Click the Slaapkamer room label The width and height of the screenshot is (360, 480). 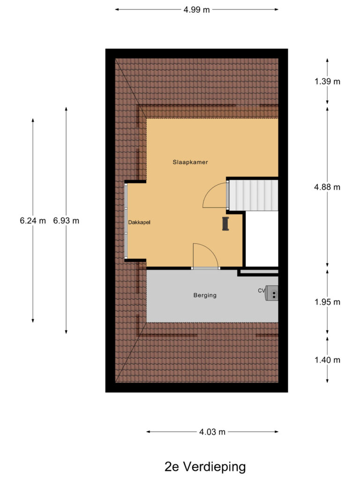[x=190, y=162]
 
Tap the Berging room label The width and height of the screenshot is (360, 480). [x=205, y=295]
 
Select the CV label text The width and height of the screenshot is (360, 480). [x=262, y=291]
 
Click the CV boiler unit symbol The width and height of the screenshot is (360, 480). [x=272, y=293]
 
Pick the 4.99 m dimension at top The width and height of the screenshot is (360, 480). [x=196, y=10]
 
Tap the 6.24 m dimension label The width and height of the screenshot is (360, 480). [x=33, y=221]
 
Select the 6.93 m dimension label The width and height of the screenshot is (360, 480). [x=66, y=221]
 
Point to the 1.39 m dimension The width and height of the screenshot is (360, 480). [x=327, y=82]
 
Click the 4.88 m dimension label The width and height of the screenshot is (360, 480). [x=327, y=187]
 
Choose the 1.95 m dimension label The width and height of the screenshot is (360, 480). [x=327, y=302]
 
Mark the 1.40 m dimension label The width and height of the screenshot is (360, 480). [x=327, y=360]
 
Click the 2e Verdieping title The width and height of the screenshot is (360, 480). [x=205, y=467]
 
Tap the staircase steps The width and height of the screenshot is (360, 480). [x=254, y=195]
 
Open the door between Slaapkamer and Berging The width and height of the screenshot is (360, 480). [x=206, y=268]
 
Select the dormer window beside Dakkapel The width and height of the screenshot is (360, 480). [x=126, y=220]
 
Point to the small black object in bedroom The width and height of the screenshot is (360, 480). [x=225, y=224]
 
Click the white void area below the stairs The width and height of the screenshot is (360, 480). [x=262, y=239]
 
